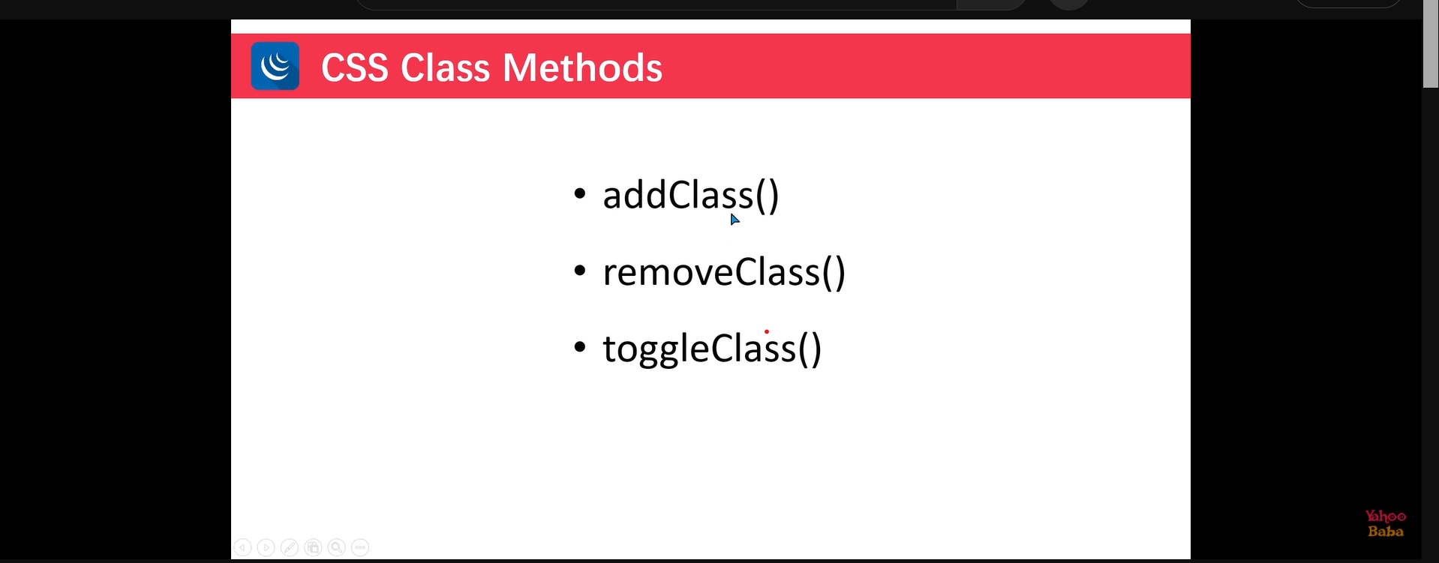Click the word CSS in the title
(355, 67)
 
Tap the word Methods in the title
(583, 67)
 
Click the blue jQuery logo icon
(275, 66)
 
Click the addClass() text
(691, 196)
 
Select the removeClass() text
(724, 272)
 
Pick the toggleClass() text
(712, 349)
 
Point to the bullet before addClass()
(579, 194)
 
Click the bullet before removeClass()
(579, 271)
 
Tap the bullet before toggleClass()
(579, 347)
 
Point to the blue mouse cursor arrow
(735, 219)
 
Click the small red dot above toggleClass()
(767, 331)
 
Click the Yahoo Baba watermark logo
(1385, 523)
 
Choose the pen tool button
(290, 547)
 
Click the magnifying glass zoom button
(337, 547)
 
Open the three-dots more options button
(360, 547)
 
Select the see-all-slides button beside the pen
(313, 547)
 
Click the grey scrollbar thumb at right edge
(1430, 45)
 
